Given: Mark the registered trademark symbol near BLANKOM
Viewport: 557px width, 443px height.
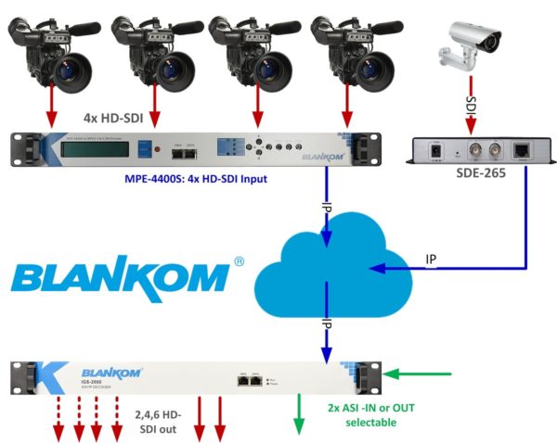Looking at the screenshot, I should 240,262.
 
